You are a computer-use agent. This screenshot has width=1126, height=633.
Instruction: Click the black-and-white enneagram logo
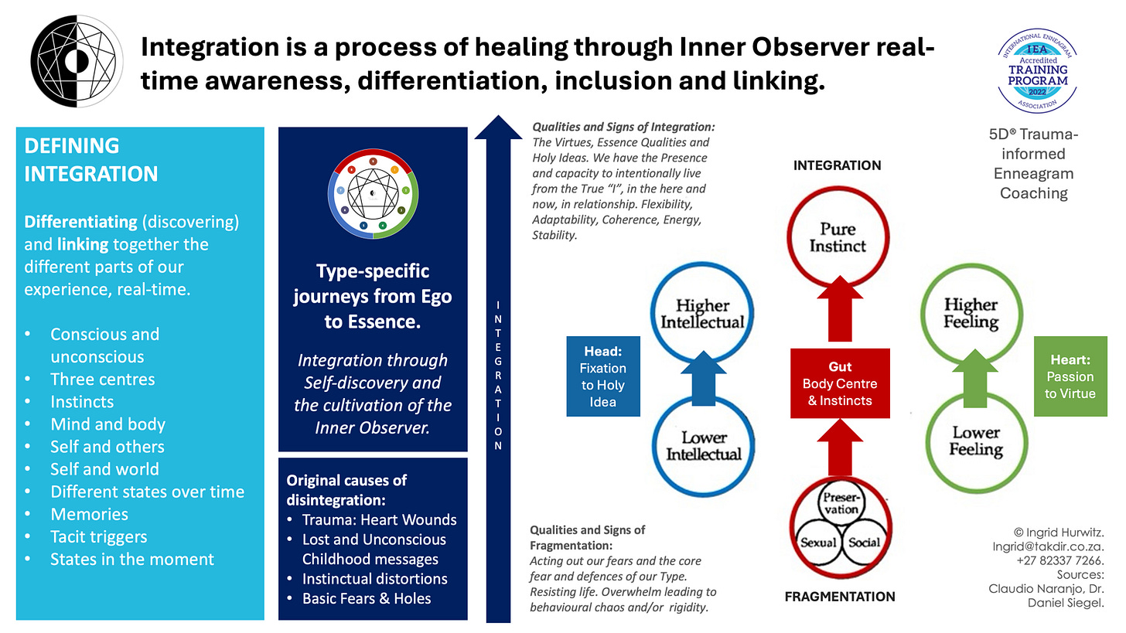coord(77,61)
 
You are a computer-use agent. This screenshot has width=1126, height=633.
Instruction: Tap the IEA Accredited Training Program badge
coord(1037,71)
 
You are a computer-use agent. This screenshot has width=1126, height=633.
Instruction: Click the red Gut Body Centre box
coord(840,383)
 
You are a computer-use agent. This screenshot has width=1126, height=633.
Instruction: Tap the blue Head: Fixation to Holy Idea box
coord(602,376)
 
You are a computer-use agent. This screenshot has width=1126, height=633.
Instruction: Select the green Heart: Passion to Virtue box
coord(1070,376)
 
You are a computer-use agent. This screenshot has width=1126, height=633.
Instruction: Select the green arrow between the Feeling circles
coord(974,378)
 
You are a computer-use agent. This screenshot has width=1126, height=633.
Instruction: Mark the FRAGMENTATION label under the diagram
coord(840,597)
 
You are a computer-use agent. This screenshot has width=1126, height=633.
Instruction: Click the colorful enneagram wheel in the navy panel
coord(373,193)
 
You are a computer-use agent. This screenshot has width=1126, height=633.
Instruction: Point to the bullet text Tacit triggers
coord(98,536)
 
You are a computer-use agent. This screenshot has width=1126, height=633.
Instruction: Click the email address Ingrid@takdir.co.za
coord(1048,546)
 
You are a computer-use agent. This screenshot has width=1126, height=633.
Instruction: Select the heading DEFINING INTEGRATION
coord(91,160)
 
